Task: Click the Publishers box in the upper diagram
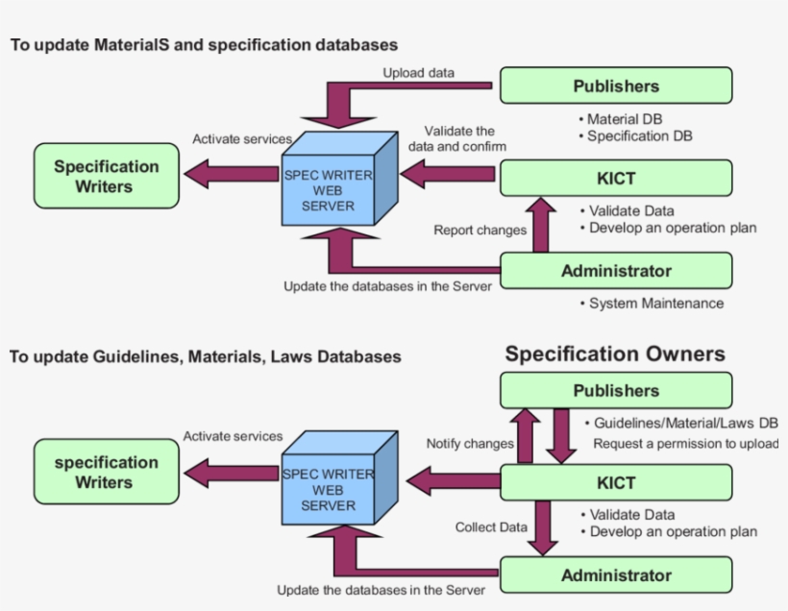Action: [x=616, y=86]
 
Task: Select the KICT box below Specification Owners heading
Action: [x=616, y=481]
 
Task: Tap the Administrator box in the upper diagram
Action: [x=616, y=271]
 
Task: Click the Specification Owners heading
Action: [x=615, y=354]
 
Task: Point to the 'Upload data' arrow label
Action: [x=419, y=72]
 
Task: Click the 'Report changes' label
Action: [x=480, y=230]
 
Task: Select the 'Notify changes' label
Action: [x=470, y=444]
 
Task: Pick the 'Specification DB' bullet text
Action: [x=639, y=136]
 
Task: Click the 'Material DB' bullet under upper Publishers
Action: [x=625, y=119]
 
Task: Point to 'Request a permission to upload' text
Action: [x=685, y=444]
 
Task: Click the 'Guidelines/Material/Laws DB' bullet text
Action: [x=685, y=423]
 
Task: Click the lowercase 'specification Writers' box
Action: [x=106, y=472]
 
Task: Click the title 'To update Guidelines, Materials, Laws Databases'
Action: [x=205, y=356]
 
